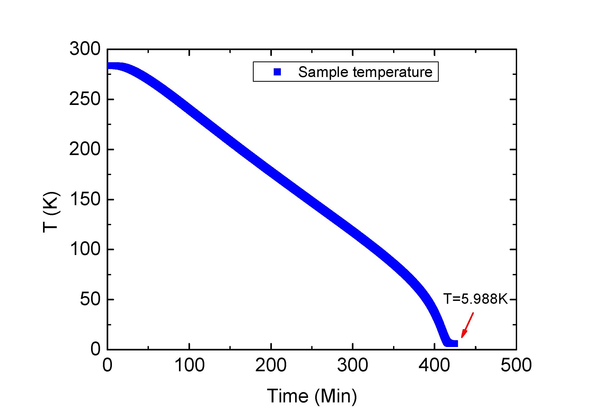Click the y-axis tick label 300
pyautogui.click(x=85, y=49)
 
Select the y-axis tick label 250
pyautogui.click(x=85, y=99)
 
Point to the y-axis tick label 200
pyautogui.click(x=85, y=150)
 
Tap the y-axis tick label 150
pyautogui.click(x=85, y=199)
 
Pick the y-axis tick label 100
pyautogui.click(x=85, y=249)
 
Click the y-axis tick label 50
pyautogui.click(x=90, y=299)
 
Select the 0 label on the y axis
pyautogui.click(x=96, y=349)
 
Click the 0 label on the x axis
pyautogui.click(x=107, y=365)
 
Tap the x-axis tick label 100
pyautogui.click(x=190, y=365)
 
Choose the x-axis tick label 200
pyautogui.click(x=271, y=365)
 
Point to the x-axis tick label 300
pyautogui.click(x=353, y=365)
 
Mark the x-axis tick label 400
pyautogui.click(x=434, y=365)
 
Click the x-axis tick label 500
pyautogui.click(x=516, y=365)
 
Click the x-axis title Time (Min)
pyautogui.click(x=312, y=396)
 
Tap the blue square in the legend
pyautogui.click(x=277, y=72)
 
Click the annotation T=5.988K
pyautogui.click(x=475, y=299)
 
